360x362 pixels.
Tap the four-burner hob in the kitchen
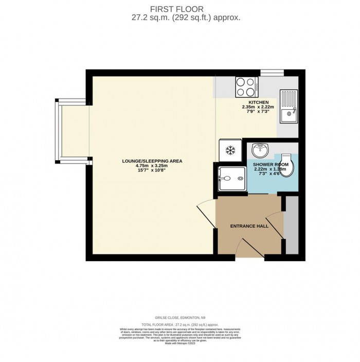click(246, 87)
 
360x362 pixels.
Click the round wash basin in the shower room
click(260, 151)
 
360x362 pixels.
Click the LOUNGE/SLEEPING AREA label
click(152, 161)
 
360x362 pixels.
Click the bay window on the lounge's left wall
click(72, 129)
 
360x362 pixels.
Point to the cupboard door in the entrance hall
click(277, 225)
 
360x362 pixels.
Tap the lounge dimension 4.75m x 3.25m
click(152, 166)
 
